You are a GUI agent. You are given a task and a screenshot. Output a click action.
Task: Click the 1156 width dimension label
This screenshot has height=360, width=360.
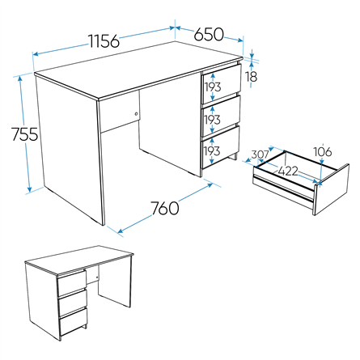click(104, 41)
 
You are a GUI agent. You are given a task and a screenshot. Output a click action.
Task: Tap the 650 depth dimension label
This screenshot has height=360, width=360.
click(209, 34)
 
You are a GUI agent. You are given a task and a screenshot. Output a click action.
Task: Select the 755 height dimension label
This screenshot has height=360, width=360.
click(25, 134)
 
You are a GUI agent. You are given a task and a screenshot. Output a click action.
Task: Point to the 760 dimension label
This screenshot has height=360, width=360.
click(164, 208)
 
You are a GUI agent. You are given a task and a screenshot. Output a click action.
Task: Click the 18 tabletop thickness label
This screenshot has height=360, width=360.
click(252, 77)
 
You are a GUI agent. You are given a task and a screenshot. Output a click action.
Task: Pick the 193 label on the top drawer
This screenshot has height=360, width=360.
click(213, 87)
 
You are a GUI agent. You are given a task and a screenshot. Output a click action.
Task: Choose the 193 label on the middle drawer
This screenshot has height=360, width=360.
click(213, 120)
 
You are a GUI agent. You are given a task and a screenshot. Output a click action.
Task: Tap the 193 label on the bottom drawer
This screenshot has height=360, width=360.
click(212, 150)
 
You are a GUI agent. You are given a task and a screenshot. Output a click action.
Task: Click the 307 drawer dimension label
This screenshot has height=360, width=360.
click(260, 155)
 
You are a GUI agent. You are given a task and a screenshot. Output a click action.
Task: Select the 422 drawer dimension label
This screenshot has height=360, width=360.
click(288, 172)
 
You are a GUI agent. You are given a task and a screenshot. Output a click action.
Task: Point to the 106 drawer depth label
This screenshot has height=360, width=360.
click(323, 152)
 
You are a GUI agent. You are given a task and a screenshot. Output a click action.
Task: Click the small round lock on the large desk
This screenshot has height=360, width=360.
click(137, 114)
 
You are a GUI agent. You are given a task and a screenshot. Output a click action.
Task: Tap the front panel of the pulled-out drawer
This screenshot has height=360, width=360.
click(332, 189)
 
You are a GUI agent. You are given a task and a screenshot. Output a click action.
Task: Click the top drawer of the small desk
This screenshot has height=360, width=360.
click(72, 283)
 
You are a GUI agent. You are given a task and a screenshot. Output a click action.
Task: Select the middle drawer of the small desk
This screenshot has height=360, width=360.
click(73, 303)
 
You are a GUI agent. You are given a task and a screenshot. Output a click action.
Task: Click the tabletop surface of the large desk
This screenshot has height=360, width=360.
click(139, 70)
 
